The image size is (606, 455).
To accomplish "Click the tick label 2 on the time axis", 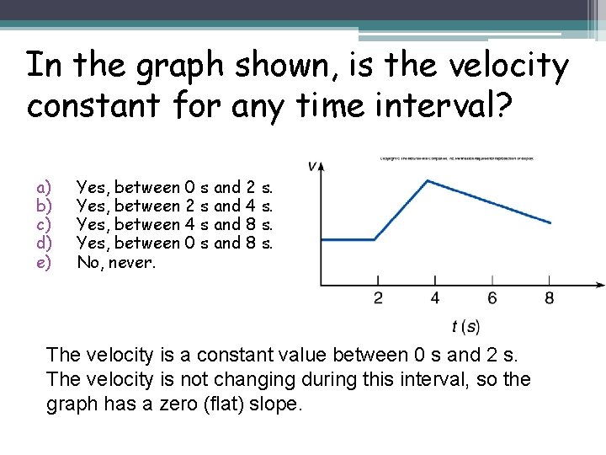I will point(378,297).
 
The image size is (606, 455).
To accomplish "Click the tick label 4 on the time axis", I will point(435,297).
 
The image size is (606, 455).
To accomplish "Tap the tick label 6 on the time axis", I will point(492,297).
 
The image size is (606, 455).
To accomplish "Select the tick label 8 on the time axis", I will point(550,297).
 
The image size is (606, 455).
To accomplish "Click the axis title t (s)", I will point(465,327).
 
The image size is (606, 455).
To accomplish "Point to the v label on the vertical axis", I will point(312,166).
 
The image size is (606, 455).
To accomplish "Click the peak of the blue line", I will point(429,180).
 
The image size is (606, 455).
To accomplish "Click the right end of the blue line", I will point(551,223).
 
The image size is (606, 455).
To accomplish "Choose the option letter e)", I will point(44,262).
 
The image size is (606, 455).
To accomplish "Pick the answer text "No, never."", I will point(116,262).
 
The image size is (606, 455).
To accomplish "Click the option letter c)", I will point(44,225).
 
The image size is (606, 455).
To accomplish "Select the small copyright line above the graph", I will point(456,158).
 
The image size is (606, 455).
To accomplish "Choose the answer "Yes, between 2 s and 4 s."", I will point(175,206).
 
